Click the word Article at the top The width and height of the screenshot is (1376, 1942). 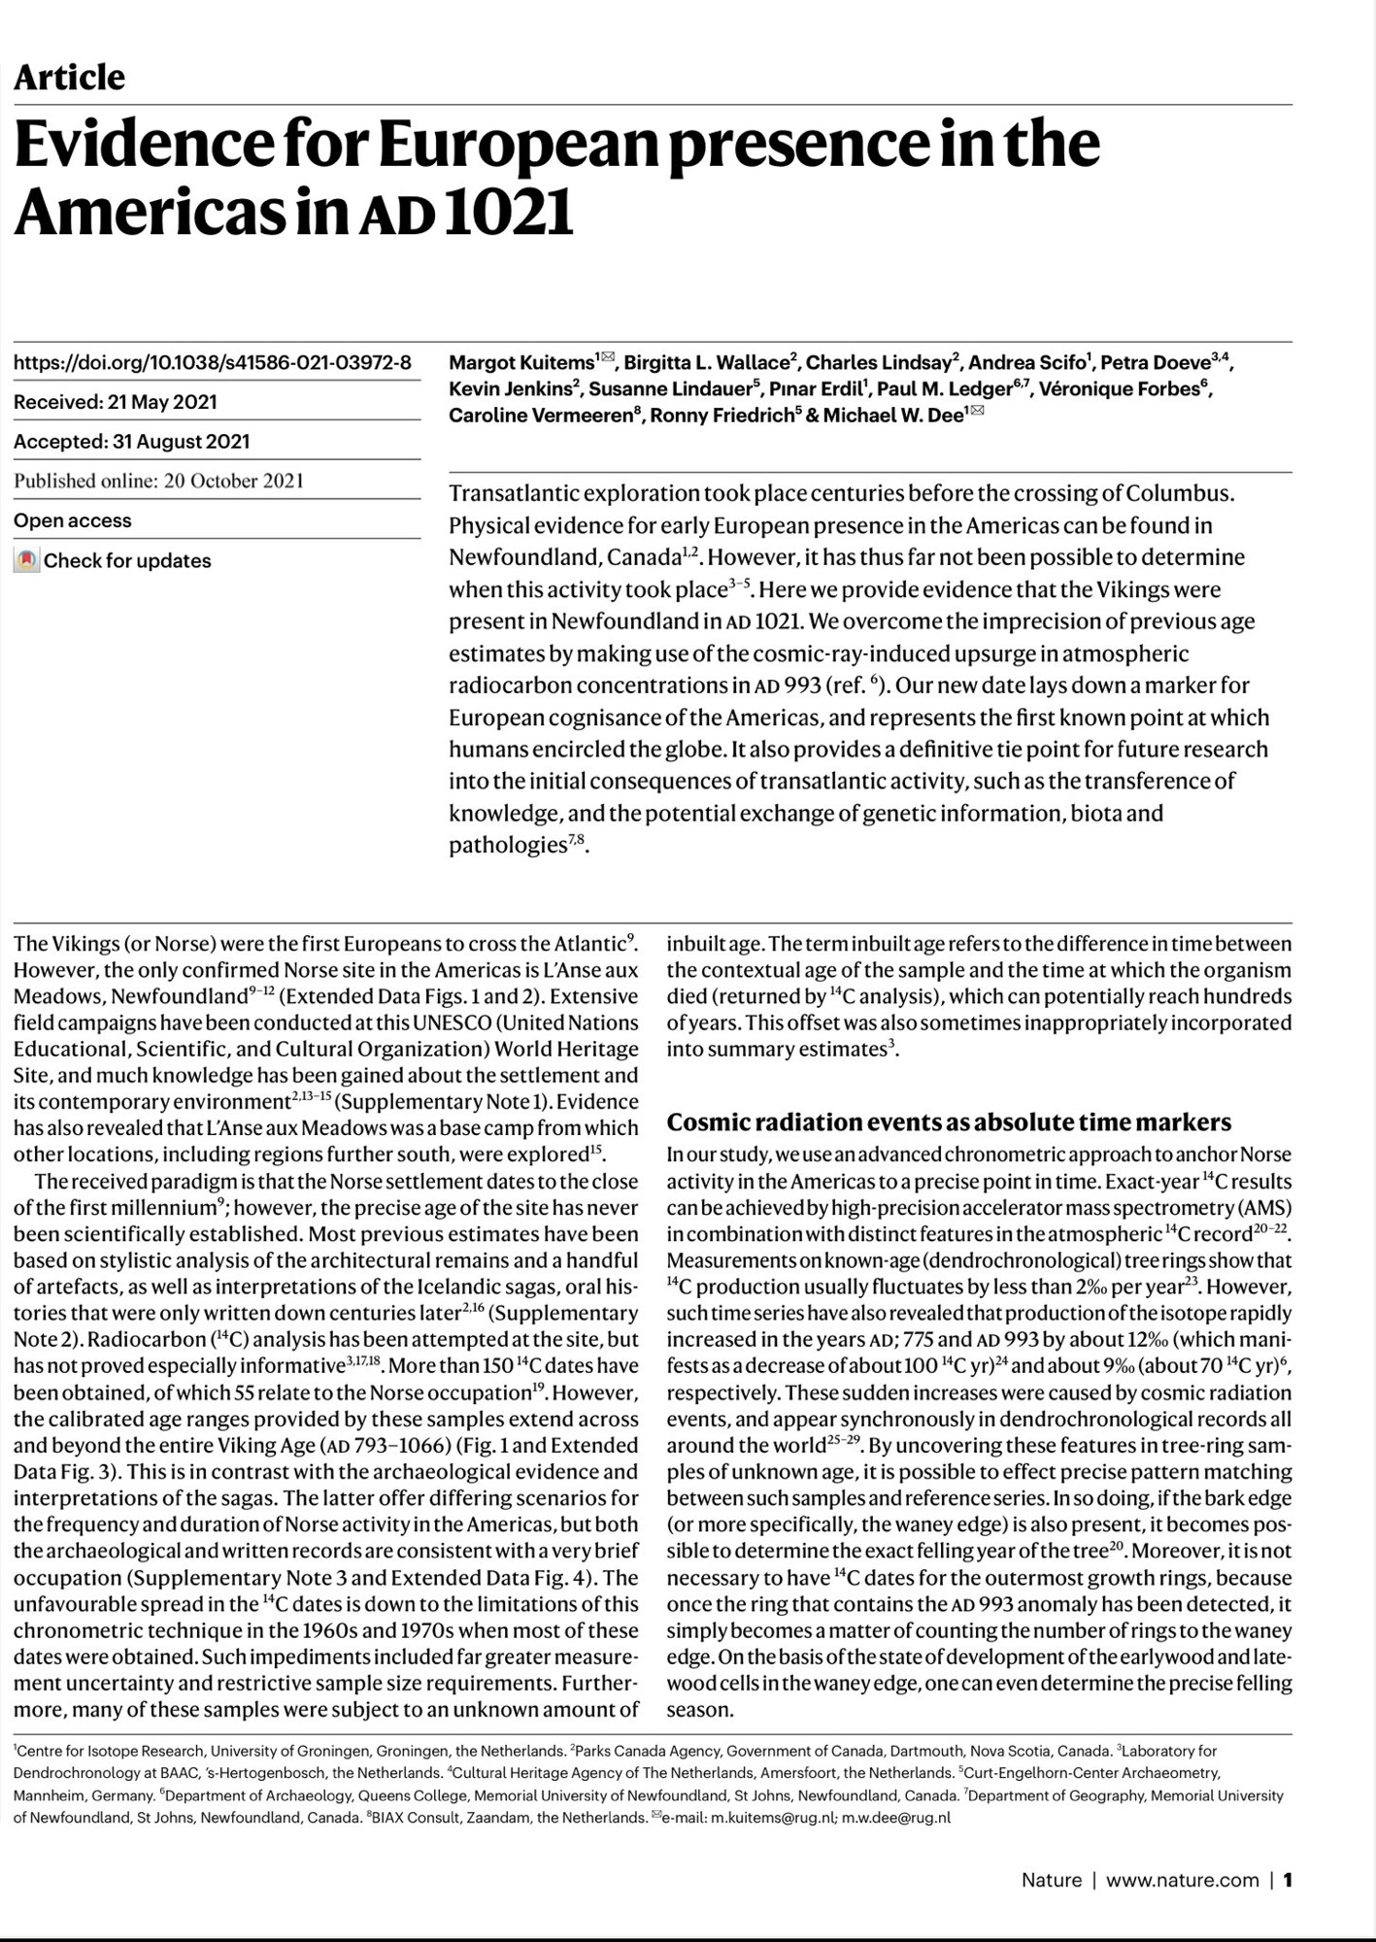pyautogui.click(x=69, y=78)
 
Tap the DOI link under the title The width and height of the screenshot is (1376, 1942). pyautogui.click(x=212, y=363)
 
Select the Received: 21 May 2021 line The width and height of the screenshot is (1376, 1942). pyautogui.click(x=115, y=402)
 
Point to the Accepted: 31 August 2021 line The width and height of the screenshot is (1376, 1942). pyautogui.click(x=131, y=442)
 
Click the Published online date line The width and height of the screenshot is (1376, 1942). pyautogui.click(x=158, y=481)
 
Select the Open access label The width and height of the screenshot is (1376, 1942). pyautogui.click(x=72, y=520)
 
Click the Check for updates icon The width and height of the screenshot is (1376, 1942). pyautogui.click(x=26, y=560)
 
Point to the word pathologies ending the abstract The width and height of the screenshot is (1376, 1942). pyautogui.click(x=507, y=845)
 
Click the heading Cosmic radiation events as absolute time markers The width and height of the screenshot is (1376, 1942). pyautogui.click(x=949, y=1122)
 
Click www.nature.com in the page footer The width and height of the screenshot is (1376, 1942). pyautogui.click(x=1182, y=1880)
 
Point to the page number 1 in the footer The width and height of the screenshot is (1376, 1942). pyautogui.click(x=1288, y=1880)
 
